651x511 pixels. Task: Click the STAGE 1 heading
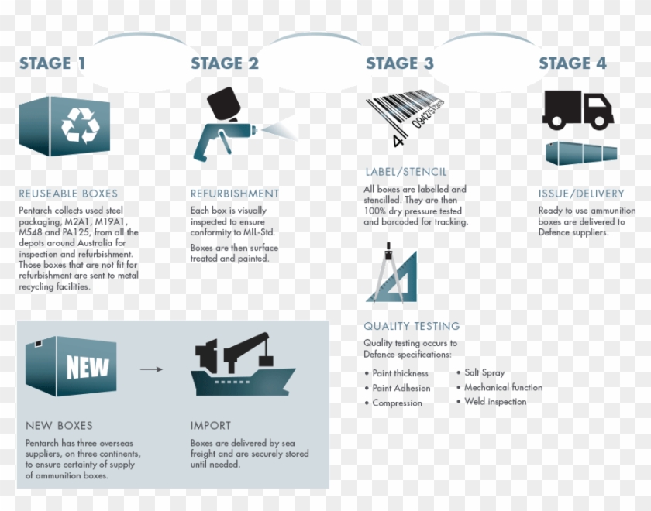pyautogui.click(x=52, y=63)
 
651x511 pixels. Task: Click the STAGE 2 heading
pyautogui.click(x=225, y=63)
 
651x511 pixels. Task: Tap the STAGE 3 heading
pyautogui.click(x=400, y=63)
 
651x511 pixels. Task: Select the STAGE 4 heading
pyautogui.click(x=573, y=63)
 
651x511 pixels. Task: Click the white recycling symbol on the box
pyautogui.click(x=77, y=124)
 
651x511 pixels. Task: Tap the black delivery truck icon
pyautogui.click(x=577, y=110)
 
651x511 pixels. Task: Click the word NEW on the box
pyautogui.click(x=87, y=367)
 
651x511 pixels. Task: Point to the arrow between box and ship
pyautogui.click(x=151, y=369)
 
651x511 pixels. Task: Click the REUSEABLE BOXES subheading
pyautogui.click(x=68, y=194)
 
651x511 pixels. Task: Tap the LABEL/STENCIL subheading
pyautogui.click(x=406, y=172)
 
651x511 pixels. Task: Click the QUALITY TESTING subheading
pyautogui.click(x=412, y=326)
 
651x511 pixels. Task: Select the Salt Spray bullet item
pyautogui.click(x=484, y=372)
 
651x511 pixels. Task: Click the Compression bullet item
pyautogui.click(x=397, y=403)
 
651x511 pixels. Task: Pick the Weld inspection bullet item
pyautogui.click(x=495, y=401)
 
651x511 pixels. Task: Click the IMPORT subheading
pyautogui.click(x=211, y=425)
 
